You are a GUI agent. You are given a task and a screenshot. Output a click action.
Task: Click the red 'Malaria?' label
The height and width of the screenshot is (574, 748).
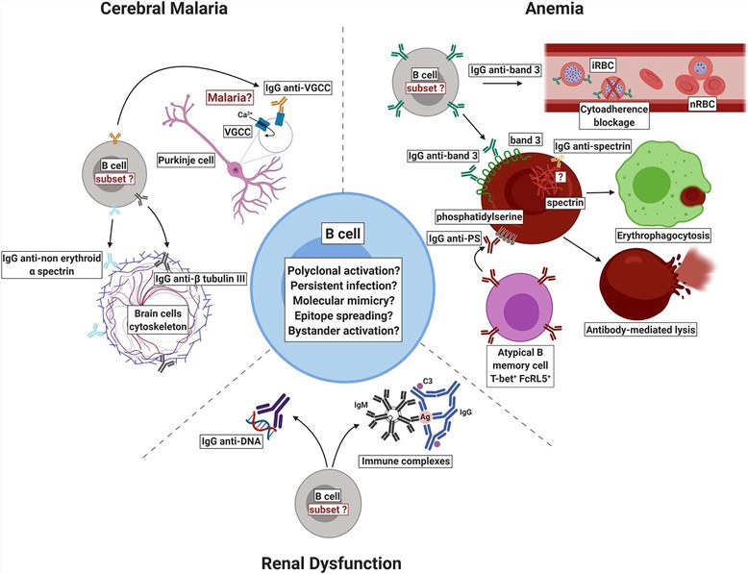(225, 98)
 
